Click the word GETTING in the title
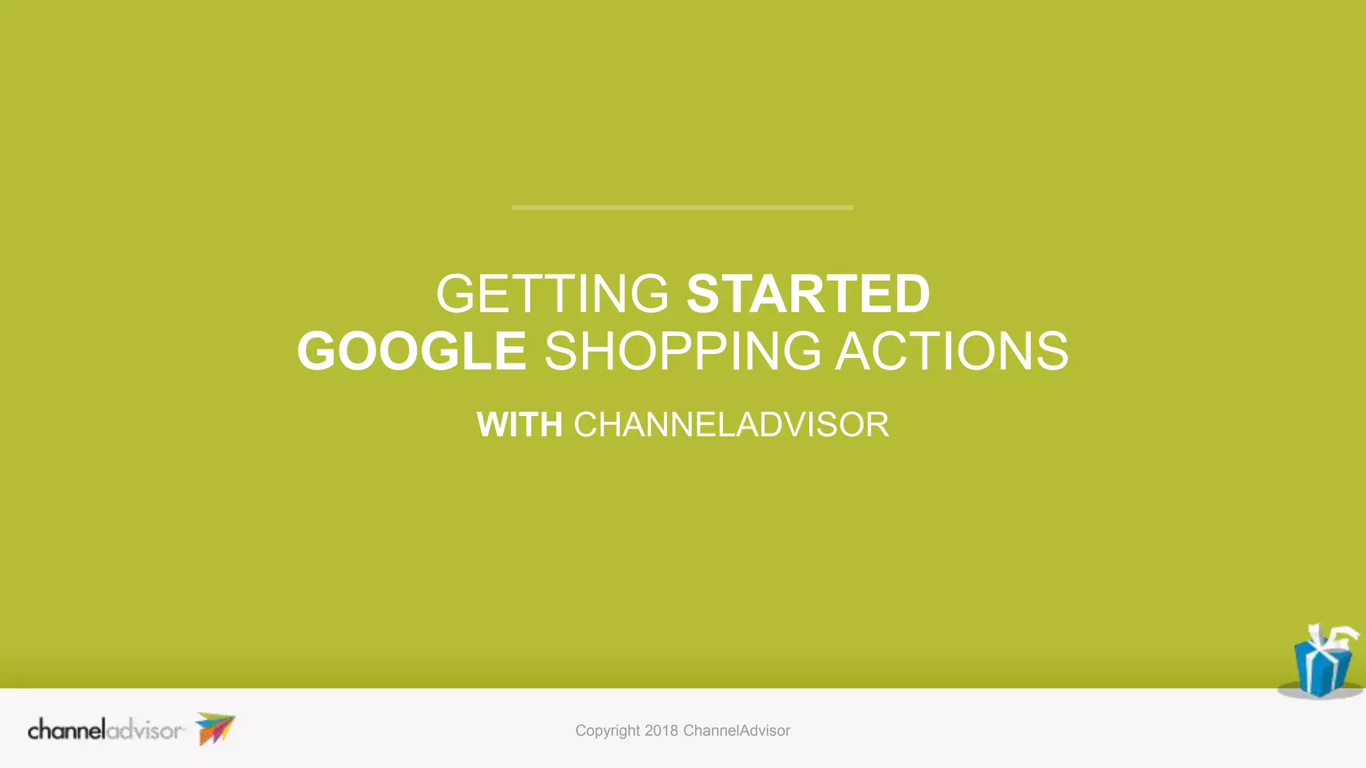coord(552,294)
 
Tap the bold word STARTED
coord(808,294)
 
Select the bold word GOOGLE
coord(412,351)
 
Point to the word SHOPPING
coord(682,351)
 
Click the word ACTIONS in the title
coord(952,351)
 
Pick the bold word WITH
coord(520,425)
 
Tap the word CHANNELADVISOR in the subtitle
coord(731,425)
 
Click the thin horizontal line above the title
coord(682,207)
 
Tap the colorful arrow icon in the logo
coord(215,728)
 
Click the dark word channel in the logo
coord(67,730)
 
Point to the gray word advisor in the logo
coord(144,731)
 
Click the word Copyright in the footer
coord(608,731)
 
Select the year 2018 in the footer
coord(662,731)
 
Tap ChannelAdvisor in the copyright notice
coord(736,731)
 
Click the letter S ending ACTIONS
coord(1053,351)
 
